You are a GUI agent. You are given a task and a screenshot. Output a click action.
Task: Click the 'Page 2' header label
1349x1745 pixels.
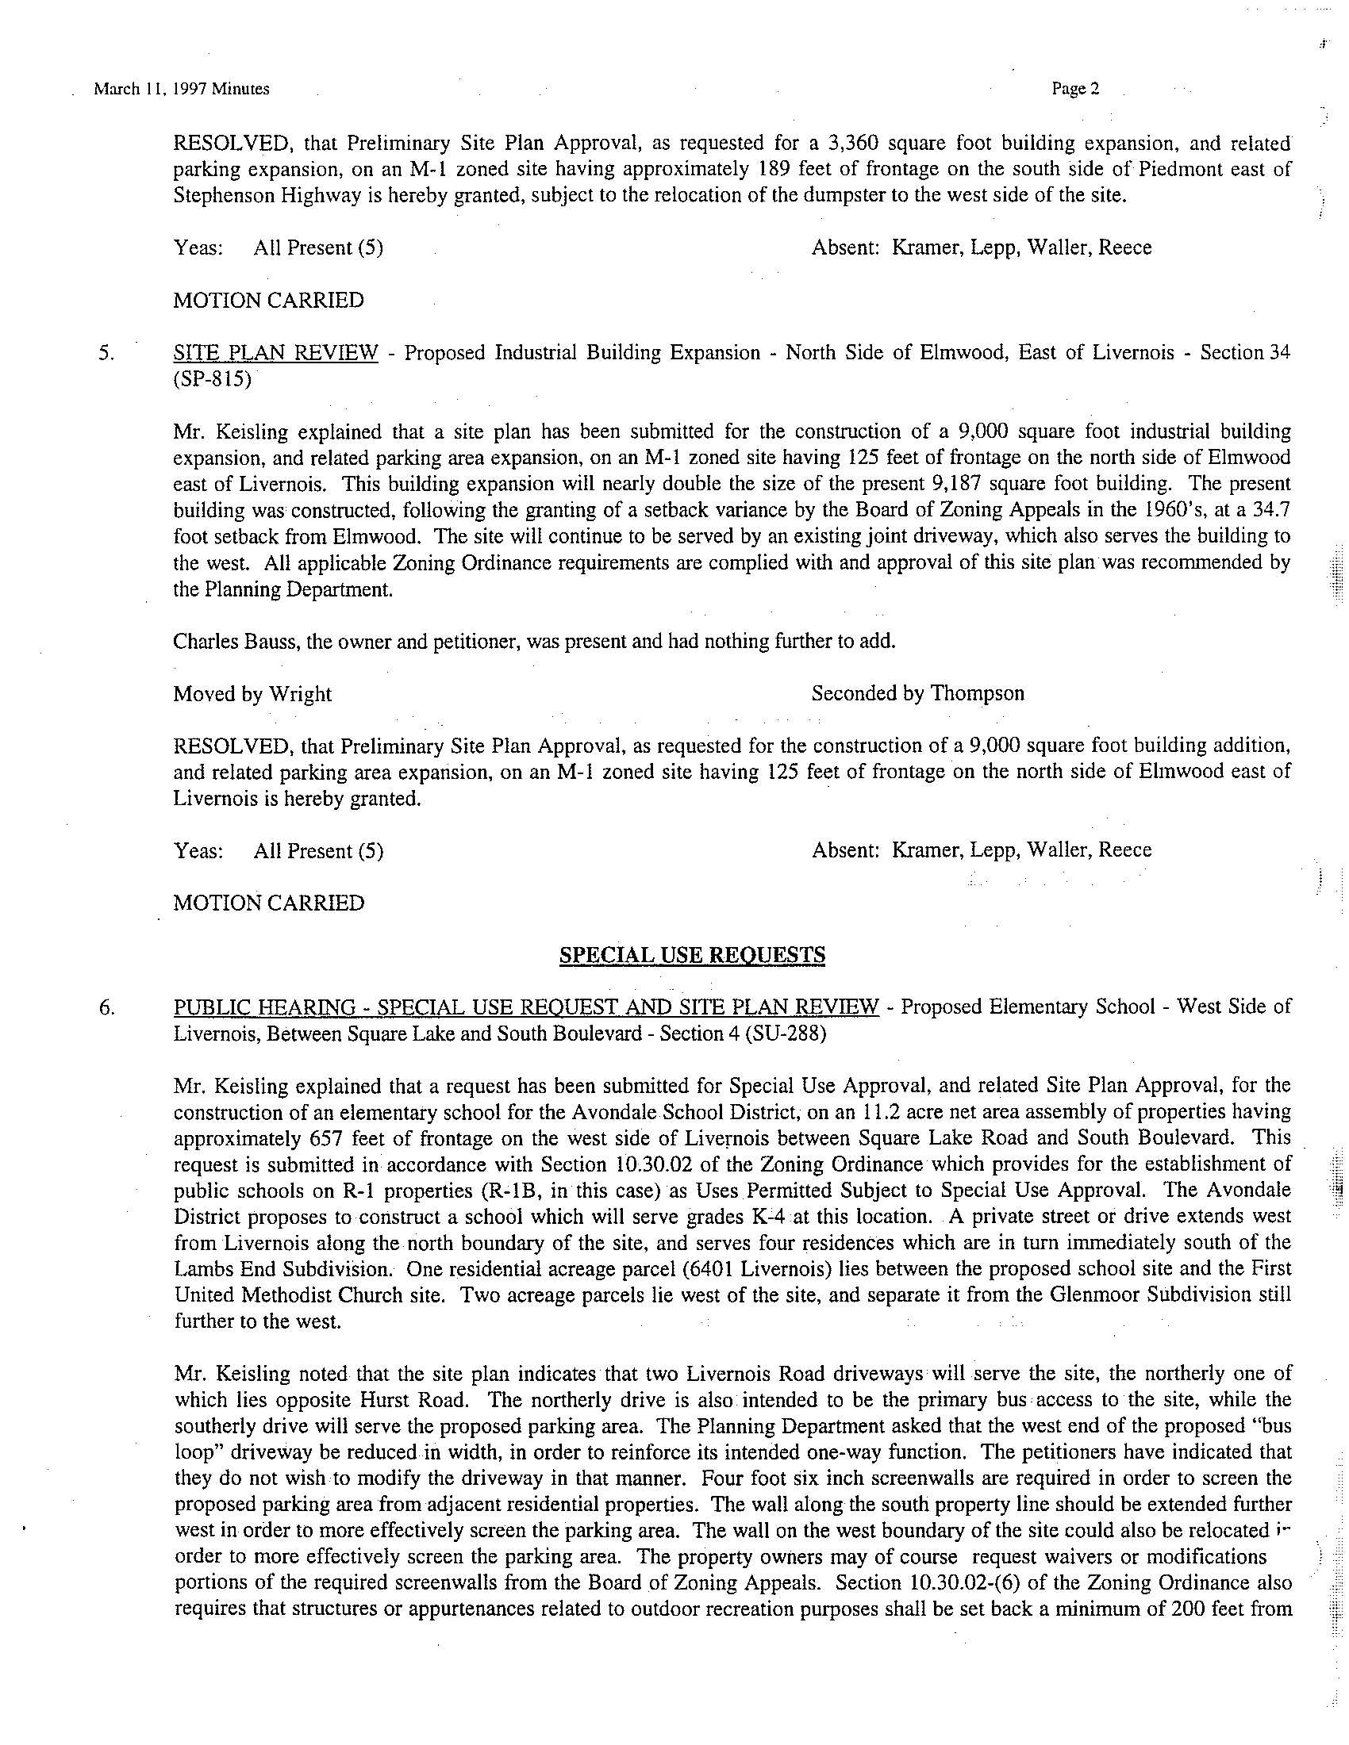click(x=1076, y=90)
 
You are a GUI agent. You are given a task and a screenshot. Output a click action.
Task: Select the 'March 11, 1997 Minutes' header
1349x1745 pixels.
click(x=182, y=90)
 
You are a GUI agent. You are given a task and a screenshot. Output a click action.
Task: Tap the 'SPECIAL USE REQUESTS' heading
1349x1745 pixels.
click(x=692, y=955)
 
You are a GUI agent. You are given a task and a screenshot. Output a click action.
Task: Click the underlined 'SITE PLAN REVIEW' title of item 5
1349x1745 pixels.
click(x=275, y=353)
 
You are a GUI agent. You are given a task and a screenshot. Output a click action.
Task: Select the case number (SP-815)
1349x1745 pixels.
click(x=212, y=379)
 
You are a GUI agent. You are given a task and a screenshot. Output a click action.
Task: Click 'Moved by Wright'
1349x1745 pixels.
click(x=252, y=693)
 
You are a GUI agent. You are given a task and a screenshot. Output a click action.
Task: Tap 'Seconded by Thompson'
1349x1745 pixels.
click(x=917, y=693)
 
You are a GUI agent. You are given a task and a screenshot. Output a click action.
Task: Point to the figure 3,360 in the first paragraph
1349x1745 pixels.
click(x=851, y=144)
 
